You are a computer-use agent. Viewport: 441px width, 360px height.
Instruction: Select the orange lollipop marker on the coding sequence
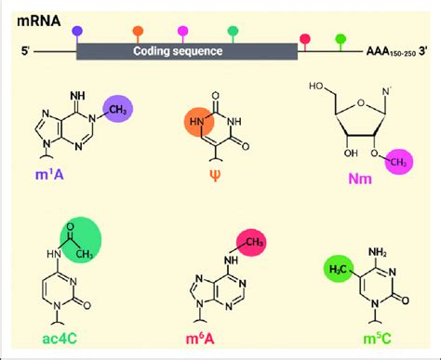pos(138,31)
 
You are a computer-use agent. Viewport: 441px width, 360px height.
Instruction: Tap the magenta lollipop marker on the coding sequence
pos(182,31)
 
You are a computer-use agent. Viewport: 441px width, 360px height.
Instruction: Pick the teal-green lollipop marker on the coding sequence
pos(232,31)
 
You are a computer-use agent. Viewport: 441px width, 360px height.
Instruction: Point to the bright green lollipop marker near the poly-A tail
pos(341,38)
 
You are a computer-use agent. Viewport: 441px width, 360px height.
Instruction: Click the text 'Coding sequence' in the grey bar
pos(178,52)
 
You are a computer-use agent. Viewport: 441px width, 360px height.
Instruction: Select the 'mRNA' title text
pos(44,16)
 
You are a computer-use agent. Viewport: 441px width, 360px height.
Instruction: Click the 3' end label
pos(425,53)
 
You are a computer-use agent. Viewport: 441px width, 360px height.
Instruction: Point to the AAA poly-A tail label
pos(384,54)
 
